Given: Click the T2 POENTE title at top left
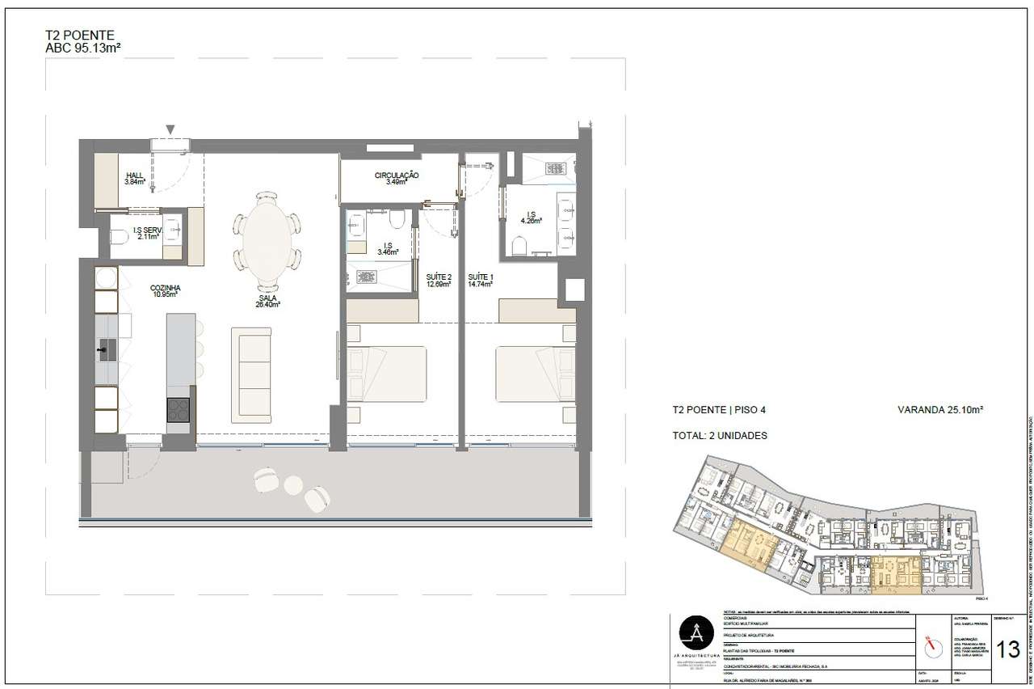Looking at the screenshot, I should click(80, 35).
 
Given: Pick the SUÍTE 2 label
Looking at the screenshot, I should click(439, 281).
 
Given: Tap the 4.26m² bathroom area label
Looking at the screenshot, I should click(531, 218).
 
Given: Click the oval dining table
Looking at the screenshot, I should click(267, 239).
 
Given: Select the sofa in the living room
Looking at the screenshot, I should click(251, 374).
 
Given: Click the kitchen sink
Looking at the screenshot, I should click(107, 349).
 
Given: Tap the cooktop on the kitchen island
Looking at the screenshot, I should click(179, 411).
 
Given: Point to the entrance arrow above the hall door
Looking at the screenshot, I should click(170, 130).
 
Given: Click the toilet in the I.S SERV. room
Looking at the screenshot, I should click(119, 237).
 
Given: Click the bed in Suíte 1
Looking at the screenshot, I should click(529, 374).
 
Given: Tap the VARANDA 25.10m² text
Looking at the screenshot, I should click(939, 410).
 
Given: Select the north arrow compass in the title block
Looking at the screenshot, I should click(933, 646).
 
